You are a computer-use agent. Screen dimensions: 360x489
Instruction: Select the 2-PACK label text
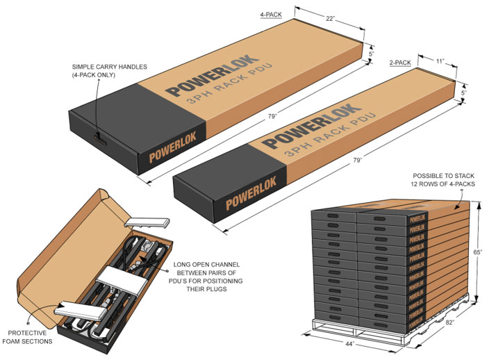pyautogui.click(x=401, y=63)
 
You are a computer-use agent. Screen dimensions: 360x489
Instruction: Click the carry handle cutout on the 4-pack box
pyautogui.click(x=99, y=136)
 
